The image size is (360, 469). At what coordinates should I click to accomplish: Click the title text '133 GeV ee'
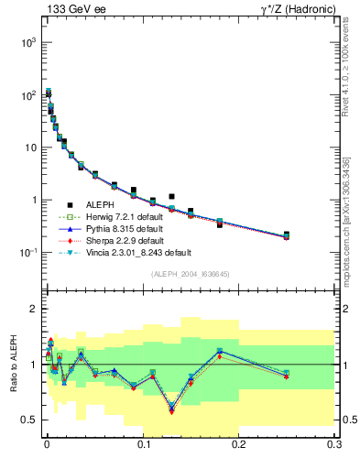[71, 9]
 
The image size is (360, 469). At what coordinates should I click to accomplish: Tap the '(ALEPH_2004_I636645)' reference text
[190, 273]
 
